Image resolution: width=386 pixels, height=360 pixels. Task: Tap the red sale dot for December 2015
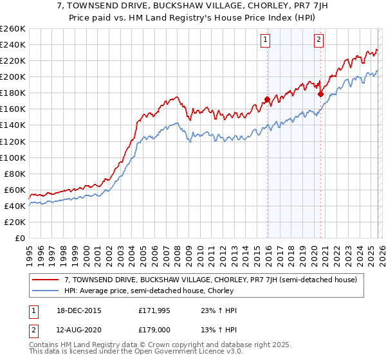[x=266, y=99]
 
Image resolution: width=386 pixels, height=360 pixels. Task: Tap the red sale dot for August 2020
[x=320, y=94]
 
